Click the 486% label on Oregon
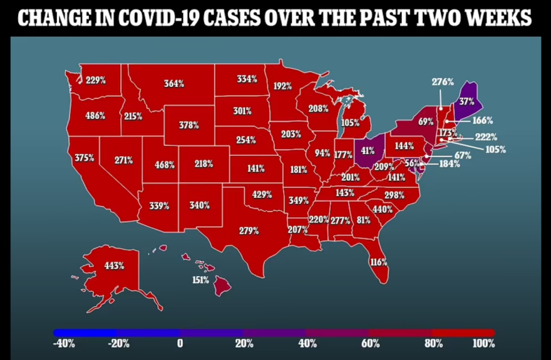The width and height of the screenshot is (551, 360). (x=95, y=116)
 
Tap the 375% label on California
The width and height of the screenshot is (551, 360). (x=84, y=158)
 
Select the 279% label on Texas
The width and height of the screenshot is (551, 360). (x=249, y=230)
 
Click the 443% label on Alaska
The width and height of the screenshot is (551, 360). (x=114, y=265)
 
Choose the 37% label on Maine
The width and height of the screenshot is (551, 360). (x=466, y=101)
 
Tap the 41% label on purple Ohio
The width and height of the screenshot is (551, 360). (x=368, y=150)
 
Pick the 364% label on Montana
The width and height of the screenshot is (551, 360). (x=173, y=83)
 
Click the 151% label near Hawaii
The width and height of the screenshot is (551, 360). (x=200, y=280)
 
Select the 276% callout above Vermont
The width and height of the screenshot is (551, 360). (x=442, y=81)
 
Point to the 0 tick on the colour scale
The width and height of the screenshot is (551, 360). (x=180, y=343)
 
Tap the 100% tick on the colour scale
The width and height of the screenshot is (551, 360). (x=485, y=343)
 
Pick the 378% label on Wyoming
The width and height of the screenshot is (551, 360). (x=188, y=125)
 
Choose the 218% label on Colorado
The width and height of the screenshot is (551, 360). (x=203, y=164)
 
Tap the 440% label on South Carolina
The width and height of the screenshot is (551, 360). (x=382, y=209)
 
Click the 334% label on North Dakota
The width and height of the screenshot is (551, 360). (x=247, y=79)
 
